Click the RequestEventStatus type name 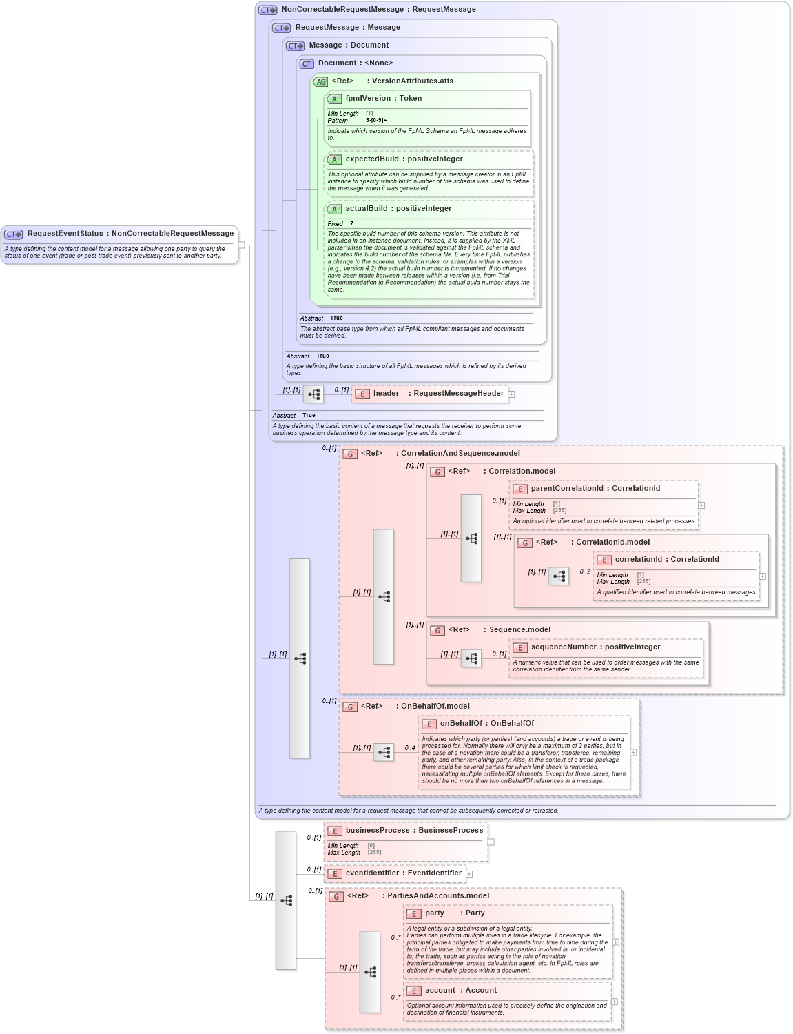coord(65,234)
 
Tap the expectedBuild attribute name coord(371,159)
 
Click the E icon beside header coord(362,394)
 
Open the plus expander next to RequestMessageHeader coord(512,394)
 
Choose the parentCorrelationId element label coord(567,489)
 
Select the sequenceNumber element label coord(563,647)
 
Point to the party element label coord(435,913)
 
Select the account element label coord(440,991)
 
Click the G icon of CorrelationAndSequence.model coord(350,454)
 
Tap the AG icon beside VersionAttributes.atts coord(321,82)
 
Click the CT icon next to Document coord(307,64)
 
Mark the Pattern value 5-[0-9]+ coord(376,121)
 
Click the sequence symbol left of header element coord(313,394)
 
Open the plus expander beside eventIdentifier coord(469,874)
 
